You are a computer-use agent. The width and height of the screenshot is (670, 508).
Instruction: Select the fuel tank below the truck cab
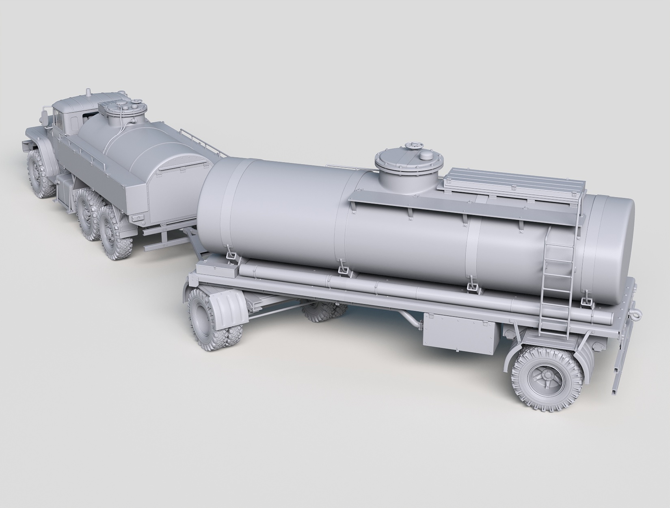[65, 189]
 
